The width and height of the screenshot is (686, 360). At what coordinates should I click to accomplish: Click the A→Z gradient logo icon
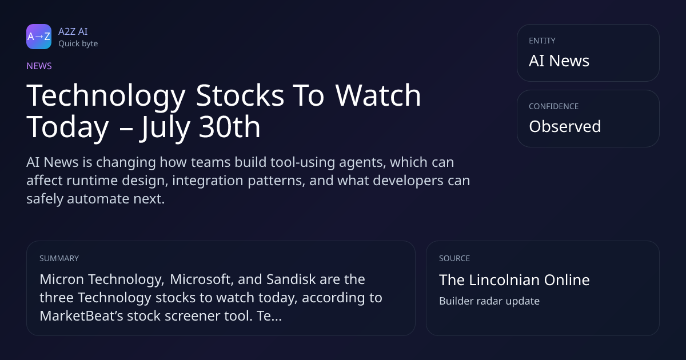click(x=39, y=37)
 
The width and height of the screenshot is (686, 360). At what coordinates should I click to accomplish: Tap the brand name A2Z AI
click(x=73, y=31)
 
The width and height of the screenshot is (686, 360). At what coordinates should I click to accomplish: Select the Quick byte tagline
click(x=78, y=44)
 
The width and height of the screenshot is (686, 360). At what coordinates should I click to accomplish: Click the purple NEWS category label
click(x=39, y=66)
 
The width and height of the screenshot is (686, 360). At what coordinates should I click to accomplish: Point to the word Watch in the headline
click(x=378, y=95)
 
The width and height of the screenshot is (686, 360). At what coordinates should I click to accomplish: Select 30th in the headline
click(x=230, y=127)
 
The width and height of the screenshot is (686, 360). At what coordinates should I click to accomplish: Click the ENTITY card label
click(x=542, y=41)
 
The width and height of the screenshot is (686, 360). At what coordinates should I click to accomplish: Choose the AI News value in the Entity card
click(x=559, y=61)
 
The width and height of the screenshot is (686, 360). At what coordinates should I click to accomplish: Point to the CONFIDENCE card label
click(x=554, y=106)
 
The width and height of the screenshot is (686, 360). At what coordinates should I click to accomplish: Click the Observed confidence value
click(x=565, y=126)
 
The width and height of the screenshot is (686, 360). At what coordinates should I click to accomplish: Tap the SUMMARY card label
click(x=59, y=258)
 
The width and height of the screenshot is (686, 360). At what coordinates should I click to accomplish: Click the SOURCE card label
click(x=454, y=258)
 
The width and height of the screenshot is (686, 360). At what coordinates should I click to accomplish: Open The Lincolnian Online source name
click(x=514, y=280)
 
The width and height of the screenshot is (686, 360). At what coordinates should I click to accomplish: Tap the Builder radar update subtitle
click(x=489, y=301)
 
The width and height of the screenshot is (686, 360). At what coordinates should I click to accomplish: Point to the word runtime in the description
click(x=92, y=181)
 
